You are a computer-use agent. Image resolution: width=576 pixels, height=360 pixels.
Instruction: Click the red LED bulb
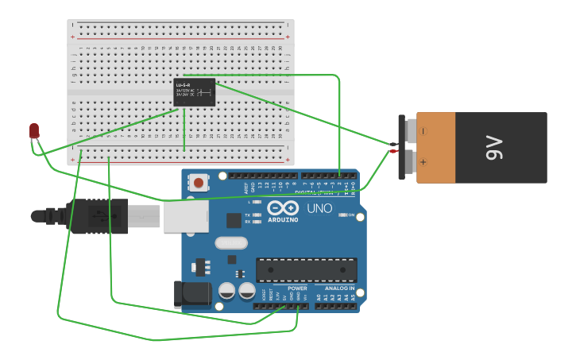click(x=34, y=130)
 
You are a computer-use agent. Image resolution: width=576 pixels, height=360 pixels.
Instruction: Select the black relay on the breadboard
click(x=195, y=92)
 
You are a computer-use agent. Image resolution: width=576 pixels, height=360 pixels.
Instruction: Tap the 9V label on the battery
click(x=494, y=148)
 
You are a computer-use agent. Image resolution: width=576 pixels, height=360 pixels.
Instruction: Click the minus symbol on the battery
click(x=423, y=131)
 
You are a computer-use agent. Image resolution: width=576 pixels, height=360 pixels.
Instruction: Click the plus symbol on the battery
click(x=423, y=162)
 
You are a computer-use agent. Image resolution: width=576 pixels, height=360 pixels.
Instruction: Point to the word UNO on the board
click(x=319, y=208)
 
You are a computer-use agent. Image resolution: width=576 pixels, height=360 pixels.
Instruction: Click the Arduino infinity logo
click(x=283, y=208)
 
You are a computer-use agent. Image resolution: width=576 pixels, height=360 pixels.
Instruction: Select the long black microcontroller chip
click(x=306, y=269)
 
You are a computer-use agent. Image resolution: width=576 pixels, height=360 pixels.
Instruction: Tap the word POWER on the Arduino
click(x=297, y=288)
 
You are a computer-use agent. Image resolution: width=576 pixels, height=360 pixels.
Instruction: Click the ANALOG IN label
click(x=340, y=288)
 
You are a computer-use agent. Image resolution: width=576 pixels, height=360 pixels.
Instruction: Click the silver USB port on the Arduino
click(x=187, y=215)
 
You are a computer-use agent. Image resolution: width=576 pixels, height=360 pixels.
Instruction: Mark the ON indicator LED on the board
click(x=344, y=215)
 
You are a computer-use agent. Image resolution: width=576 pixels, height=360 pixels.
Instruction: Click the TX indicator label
click(x=248, y=215)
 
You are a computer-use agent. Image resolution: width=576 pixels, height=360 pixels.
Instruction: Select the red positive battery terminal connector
click(x=393, y=151)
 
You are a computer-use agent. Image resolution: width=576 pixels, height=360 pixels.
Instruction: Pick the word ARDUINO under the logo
click(x=283, y=220)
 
